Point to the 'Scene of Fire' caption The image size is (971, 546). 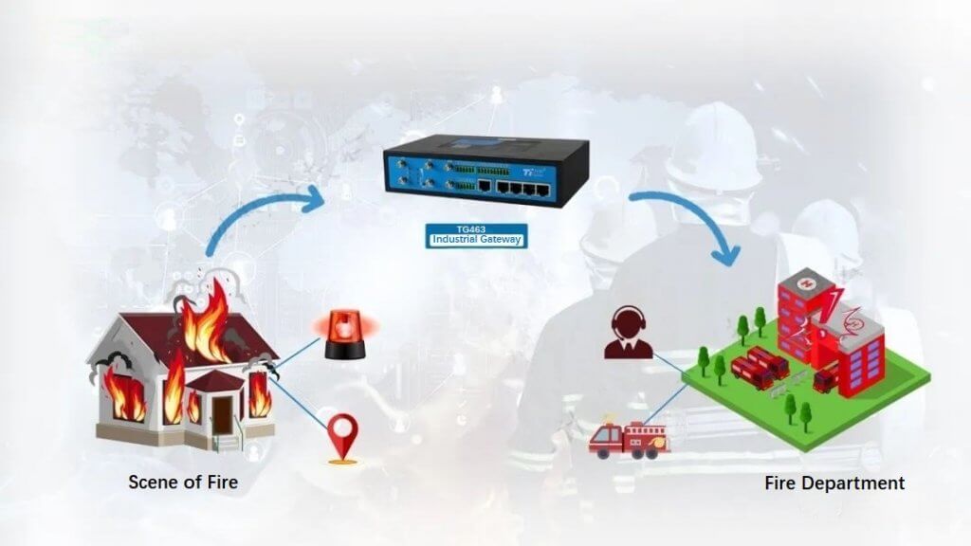pyautogui.click(x=182, y=482)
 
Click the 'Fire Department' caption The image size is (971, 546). pyautogui.click(x=834, y=483)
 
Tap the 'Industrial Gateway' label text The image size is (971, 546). pyautogui.click(x=476, y=240)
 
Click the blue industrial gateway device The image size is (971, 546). pyautogui.click(x=485, y=171)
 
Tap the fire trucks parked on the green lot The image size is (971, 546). pyautogui.click(x=759, y=365)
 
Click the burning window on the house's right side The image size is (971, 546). pyautogui.click(x=259, y=393)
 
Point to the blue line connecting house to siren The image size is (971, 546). pyautogui.click(x=299, y=351)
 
